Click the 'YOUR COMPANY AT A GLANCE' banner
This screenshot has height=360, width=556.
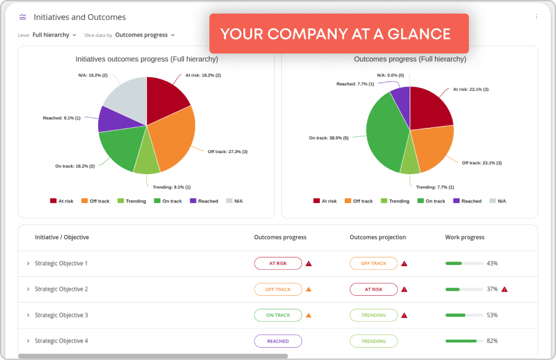pyautogui.click(x=339, y=33)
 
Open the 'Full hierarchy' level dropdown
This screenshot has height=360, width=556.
pyautogui.click(x=54, y=35)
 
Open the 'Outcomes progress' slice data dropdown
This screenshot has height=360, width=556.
pyautogui.click(x=145, y=35)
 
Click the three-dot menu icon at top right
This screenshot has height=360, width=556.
pyautogui.click(x=536, y=17)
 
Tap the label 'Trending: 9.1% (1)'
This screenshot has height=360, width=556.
pyautogui.click(x=167, y=187)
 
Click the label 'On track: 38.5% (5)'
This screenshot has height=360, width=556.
pyautogui.click(x=329, y=138)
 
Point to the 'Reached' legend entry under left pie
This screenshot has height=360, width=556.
pyautogui.click(x=204, y=201)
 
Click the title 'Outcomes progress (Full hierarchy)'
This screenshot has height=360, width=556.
pyautogui.click(x=410, y=59)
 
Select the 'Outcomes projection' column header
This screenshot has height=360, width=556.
pyautogui.click(x=377, y=237)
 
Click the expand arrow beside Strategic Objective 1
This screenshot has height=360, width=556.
pyautogui.click(x=28, y=264)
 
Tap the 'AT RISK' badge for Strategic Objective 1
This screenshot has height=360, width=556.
pyautogui.click(x=278, y=263)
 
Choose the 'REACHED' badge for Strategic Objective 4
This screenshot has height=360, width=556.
pyautogui.click(x=278, y=341)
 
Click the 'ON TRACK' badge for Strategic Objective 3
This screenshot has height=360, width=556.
pyautogui.click(x=278, y=315)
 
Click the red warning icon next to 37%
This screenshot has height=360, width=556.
pyautogui.click(x=504, y=289)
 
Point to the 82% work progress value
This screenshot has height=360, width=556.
pyautogui.click(x=492, y=341)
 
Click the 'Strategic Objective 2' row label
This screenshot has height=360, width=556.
pyautogui.click(x=61, y=289)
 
